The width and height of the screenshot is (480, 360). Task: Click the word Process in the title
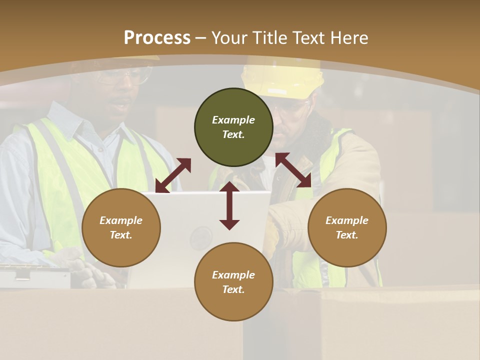(x=157, y=38)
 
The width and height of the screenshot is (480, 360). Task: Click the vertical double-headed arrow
(x=229, y=205)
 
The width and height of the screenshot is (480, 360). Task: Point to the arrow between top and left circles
(x=173, y=175)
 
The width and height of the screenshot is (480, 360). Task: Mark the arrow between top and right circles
(x=293, y=170)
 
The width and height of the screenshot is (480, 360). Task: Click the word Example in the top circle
(x=233, y=120)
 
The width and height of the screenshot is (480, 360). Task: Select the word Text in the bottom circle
(x=233, y=289)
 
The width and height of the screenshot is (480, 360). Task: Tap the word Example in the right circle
(x=347, y=220)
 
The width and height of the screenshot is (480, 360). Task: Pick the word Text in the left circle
(x=121, y=235)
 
